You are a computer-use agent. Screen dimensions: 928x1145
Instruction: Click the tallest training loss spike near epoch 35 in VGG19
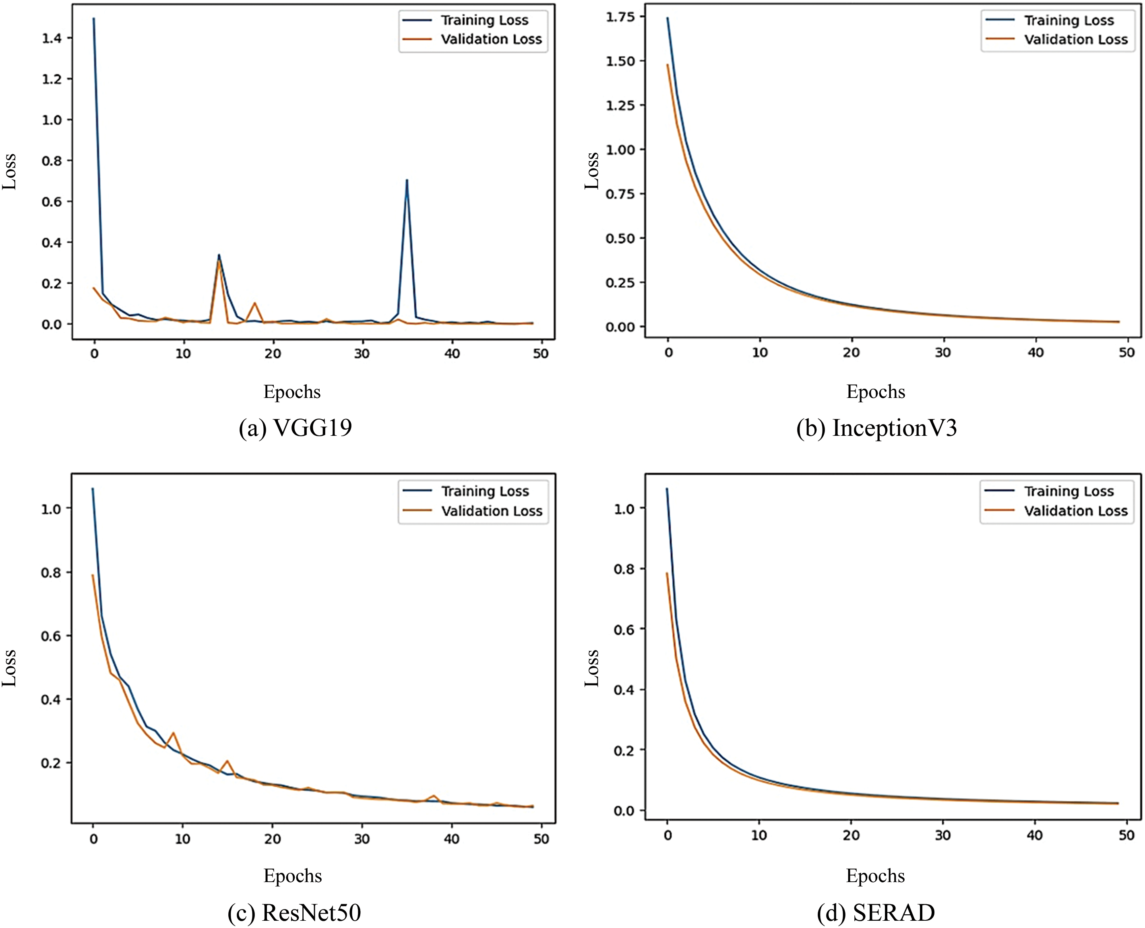(407, 181)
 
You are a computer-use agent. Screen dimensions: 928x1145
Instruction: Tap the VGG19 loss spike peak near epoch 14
(219, 255)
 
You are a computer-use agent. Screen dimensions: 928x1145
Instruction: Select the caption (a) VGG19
(296, 428)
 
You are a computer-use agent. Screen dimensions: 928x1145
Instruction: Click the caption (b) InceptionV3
(876, 428)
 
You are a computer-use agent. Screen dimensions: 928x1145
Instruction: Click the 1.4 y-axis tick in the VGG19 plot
(52, 38)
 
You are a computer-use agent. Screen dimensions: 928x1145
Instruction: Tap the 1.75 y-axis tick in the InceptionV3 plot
(620, 17)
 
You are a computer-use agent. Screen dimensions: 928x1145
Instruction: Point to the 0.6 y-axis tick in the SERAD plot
(624, 630)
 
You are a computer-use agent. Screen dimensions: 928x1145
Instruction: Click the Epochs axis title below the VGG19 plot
(292, 392)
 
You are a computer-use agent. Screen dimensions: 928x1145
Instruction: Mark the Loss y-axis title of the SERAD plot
(591, 668)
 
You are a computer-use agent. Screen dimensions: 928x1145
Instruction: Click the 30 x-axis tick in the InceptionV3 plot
(943, 353)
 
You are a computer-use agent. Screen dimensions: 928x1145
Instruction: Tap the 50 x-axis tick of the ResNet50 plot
(541, 839)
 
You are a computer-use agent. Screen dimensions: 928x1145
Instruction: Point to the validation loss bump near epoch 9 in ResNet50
(173, 733)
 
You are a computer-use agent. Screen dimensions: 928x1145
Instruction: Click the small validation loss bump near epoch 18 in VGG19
(255, 304)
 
